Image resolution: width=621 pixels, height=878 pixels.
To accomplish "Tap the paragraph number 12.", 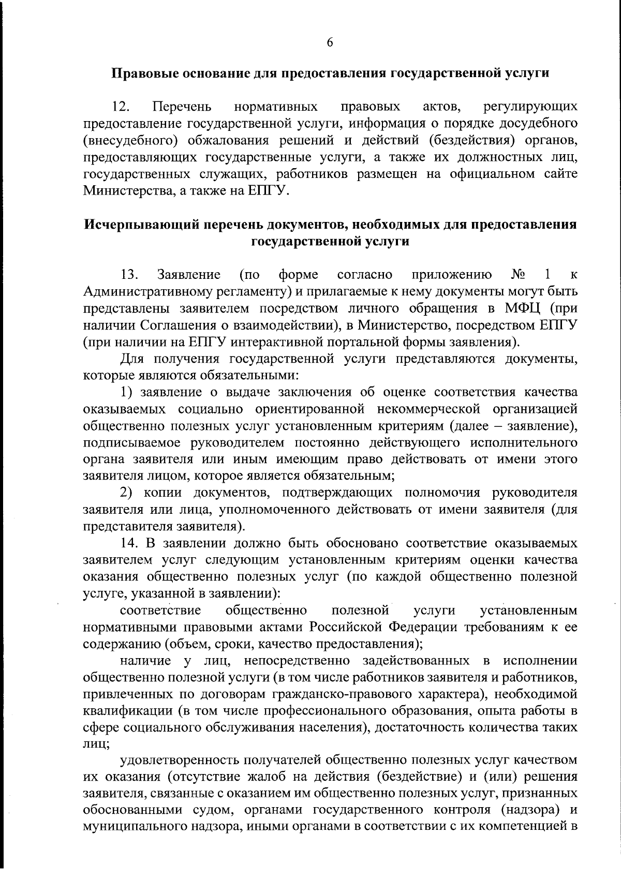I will (x=122, y=107).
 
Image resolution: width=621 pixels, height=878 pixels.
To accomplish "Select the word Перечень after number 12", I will (x=182, y=107).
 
